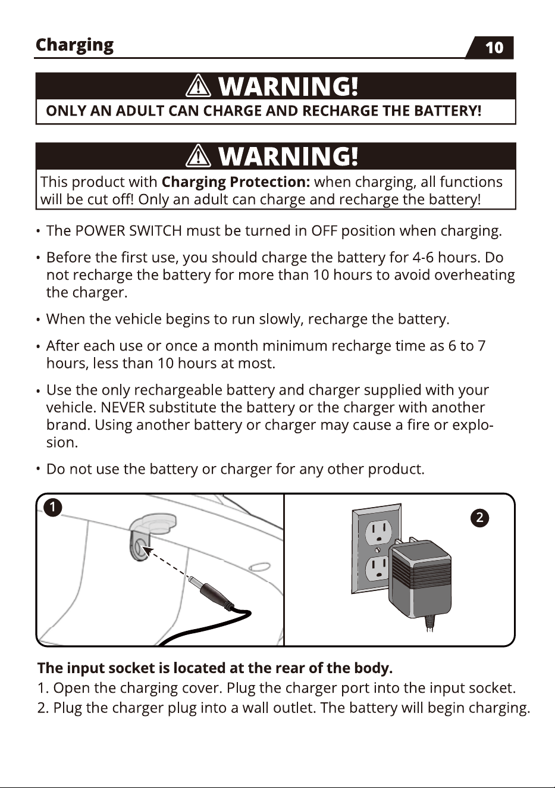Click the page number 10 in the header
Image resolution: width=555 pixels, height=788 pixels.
tap(494, 48)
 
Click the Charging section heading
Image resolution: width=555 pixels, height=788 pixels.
tap(74, 46)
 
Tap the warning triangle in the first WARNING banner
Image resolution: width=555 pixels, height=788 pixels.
tap(198, 86)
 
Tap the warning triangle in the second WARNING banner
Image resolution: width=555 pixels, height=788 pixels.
tap(198, 155)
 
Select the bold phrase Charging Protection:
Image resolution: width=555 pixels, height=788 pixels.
tap(236, 183)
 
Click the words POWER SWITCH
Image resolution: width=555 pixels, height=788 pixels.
tap(128, 231)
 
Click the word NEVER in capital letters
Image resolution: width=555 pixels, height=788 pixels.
tap(123, 408)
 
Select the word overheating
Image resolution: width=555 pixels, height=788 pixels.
tap(475, 276)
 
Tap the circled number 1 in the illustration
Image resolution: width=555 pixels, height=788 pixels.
tap(53, 508)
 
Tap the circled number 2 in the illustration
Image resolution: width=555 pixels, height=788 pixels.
tap(479, 518)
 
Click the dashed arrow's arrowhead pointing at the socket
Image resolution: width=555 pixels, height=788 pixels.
tap(150, 551)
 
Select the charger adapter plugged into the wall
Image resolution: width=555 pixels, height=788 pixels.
tap(419, 580)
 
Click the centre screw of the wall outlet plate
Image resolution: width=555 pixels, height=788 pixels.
tap(378, 549)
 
